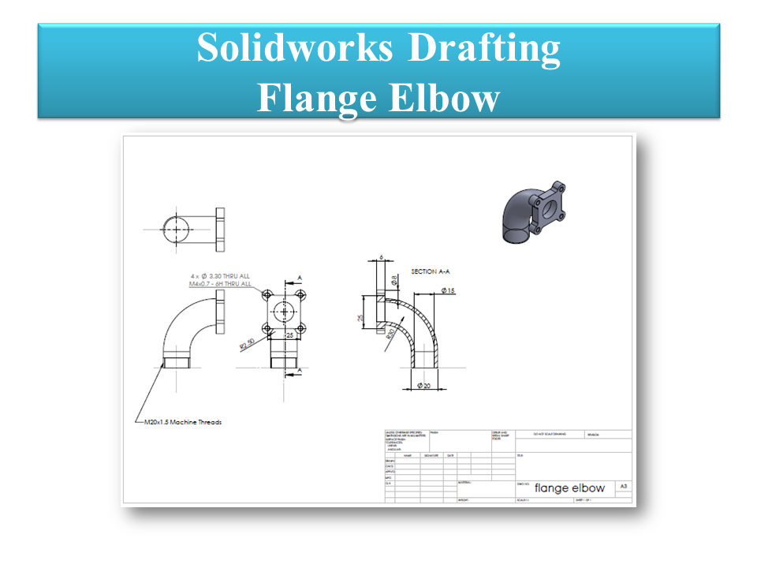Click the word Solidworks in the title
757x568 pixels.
tap(293, 48)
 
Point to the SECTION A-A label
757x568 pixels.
tap(431, 271)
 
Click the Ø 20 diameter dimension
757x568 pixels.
tap(422, 387)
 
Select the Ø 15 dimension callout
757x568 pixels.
tap(448, 291)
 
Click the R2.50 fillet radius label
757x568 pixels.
tap(246, 344)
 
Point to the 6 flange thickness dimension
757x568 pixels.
tap(380, 257)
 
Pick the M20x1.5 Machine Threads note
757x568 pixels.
tap(182, 422)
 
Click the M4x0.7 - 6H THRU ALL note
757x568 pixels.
tap(220, 284)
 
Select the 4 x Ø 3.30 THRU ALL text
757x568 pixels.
tap(220, 276)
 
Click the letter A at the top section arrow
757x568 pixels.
tap(300, 277)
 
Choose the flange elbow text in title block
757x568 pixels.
tap(569, 488)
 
